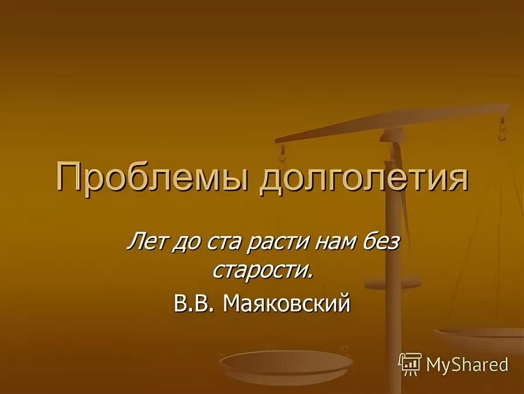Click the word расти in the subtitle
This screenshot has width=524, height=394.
(274, 241)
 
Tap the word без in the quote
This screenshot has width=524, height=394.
(378, 241)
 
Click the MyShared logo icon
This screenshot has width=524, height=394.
(410, 364)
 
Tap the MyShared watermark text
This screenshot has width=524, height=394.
(467, 365)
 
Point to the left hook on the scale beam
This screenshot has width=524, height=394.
(283, 153)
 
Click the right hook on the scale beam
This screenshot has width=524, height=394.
(502, 129)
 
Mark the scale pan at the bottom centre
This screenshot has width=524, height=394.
(286, 364)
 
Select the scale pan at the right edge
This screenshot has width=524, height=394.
(480, 338)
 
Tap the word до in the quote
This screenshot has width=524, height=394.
(185, 241)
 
